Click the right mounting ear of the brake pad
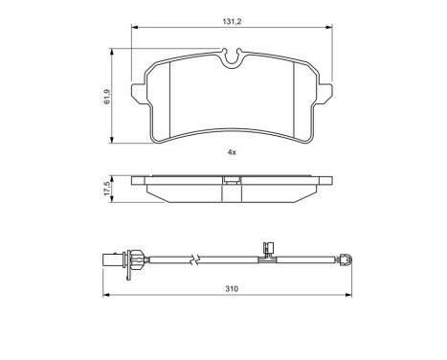pos(326,96)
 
